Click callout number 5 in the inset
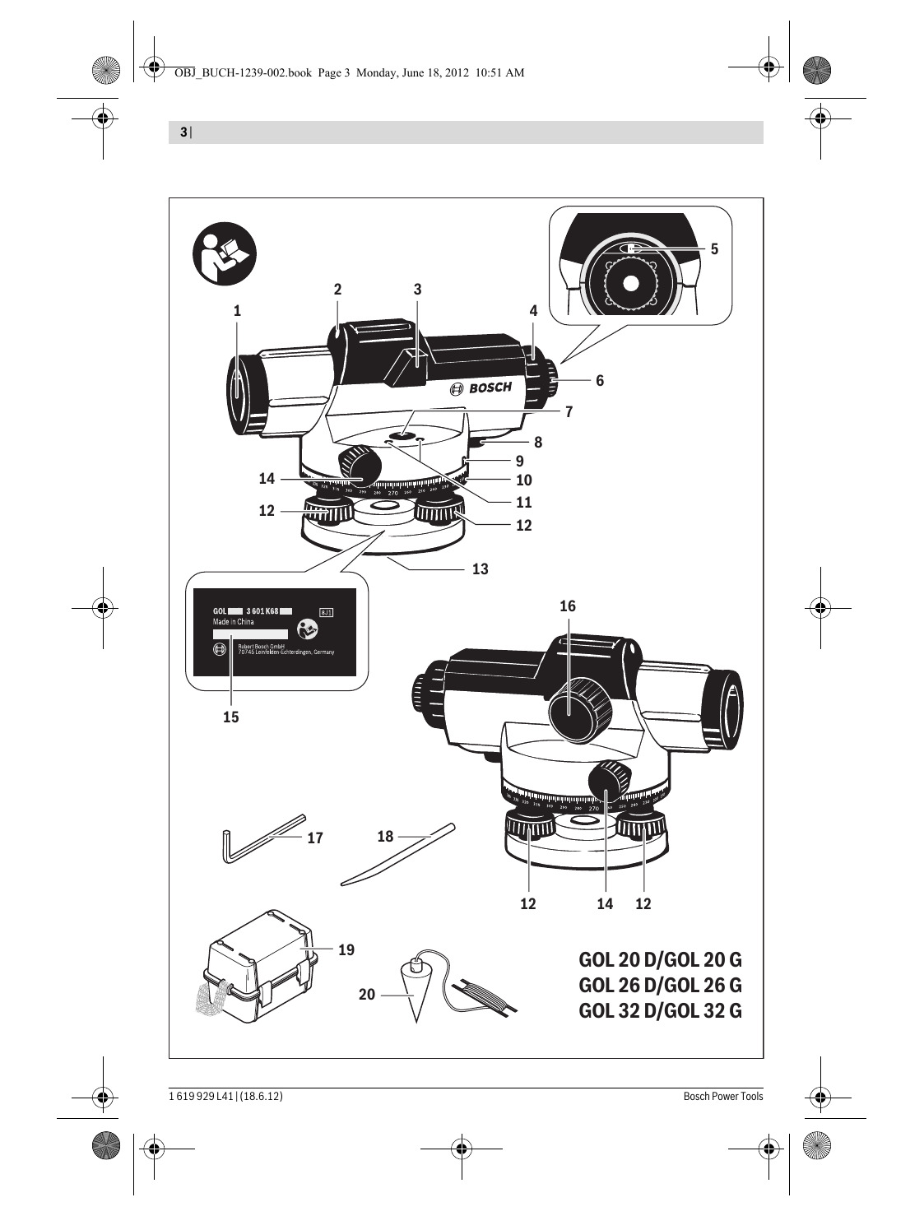tap(714, 248)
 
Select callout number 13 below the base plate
tap(481, 569)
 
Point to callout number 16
tap(568, 606)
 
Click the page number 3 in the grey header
tap(183, 132)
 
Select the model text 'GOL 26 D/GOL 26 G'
tap(660, 985)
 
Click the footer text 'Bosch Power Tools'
tap(722, 1096)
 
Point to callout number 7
tap(569, 412)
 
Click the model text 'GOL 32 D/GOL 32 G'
tap(660, 1010)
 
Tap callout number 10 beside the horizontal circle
tap(524, 480)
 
